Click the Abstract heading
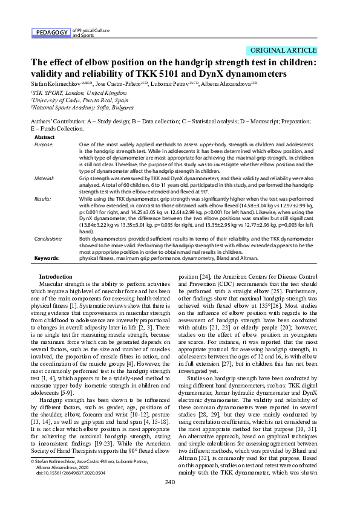[x=44, y=138]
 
